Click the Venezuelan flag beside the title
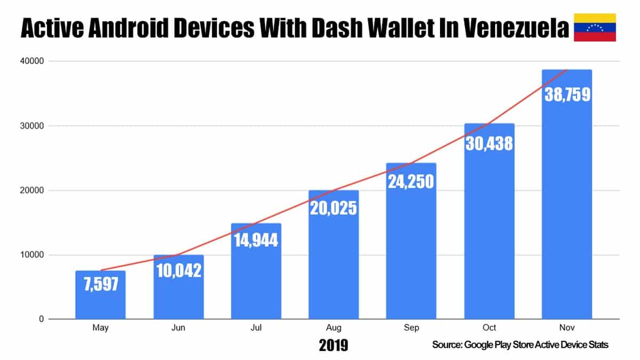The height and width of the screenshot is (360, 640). [x=595, y=27]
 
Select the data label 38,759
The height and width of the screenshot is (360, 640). [x=567, y=94]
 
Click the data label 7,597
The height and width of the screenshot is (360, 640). [x=101, y=284]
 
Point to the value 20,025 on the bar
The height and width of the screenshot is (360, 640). [x=333, y=208]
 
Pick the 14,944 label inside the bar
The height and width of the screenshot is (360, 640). [x=256, y=240]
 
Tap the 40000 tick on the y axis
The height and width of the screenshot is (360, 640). [x=31, y=61]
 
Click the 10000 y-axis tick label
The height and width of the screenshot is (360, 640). [x=31, y=254]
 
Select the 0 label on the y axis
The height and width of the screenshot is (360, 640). [x=42, y=319]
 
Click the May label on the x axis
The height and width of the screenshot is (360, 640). [x=100, y=327]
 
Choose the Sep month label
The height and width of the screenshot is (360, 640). [x=411, y=327]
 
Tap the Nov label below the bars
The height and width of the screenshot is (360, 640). [x=567, y=327]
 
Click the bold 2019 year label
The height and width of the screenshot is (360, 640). [x=333, y=345]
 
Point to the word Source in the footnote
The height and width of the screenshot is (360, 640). [x=447, y=345]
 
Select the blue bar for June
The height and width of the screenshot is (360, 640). [x=179, y=287]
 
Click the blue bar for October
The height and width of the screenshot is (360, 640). [x=489, y=221]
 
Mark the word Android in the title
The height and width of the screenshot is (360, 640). [x=129, y=28]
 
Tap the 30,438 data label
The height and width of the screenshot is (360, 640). [x=489, y=143]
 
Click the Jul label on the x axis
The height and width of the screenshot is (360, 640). [x=256, y=327]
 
